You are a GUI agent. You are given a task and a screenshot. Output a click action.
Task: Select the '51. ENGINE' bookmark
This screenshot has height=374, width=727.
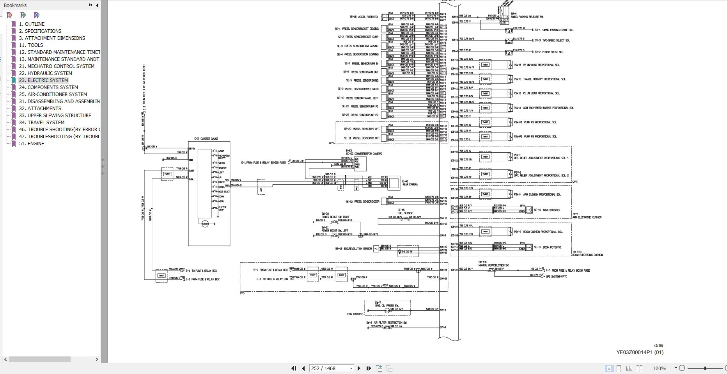tap(36, 144)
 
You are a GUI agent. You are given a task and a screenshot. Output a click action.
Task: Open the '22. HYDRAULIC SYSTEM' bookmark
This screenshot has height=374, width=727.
tap(50, 73)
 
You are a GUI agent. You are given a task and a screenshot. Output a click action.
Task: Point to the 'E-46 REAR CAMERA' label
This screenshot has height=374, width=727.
tap(409, 183)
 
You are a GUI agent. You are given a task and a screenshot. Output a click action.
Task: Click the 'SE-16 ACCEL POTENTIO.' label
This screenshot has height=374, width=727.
tap(363, 17)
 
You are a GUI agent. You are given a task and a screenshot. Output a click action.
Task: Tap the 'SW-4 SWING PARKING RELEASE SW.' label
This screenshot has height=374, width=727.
tap(527, 15)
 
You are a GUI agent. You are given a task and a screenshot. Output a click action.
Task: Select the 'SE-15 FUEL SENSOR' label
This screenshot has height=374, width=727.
tap(404, 212)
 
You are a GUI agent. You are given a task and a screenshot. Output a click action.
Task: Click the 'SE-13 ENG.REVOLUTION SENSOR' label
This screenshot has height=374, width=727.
tap(353, 249)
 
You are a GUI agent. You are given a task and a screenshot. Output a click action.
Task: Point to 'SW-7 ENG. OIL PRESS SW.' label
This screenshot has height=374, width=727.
tap(387, 304)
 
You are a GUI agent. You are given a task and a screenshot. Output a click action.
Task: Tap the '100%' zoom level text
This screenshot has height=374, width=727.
tap(659, 368)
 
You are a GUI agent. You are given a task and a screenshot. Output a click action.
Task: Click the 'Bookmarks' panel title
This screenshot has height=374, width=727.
tap(15, 5)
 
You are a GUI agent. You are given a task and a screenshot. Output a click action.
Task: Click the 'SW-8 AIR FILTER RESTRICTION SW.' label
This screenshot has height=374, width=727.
tap(386, 323)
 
